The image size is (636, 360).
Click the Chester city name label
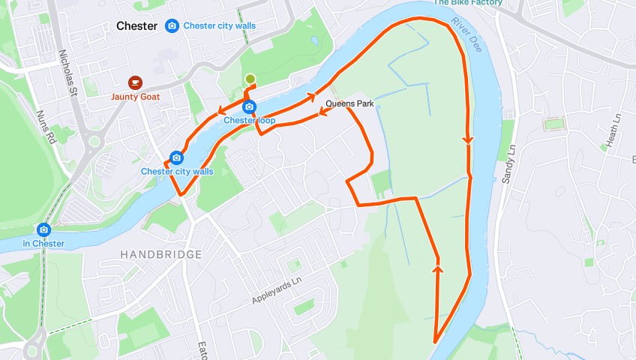(136, 26)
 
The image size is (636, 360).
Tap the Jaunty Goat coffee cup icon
(134, 82)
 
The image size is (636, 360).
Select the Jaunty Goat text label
(135, 97)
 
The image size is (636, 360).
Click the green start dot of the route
(250, 79)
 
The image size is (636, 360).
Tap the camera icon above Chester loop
(249, 107)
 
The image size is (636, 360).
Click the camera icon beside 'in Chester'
(44, 229)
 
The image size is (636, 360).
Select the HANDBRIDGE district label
(161, 255)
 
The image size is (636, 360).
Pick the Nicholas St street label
(65, 72)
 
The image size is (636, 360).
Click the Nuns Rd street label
(46, 127)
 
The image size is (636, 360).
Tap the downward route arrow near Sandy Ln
(469, 139)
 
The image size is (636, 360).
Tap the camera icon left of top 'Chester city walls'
(172, 26)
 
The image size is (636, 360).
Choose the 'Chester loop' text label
(250, 121)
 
